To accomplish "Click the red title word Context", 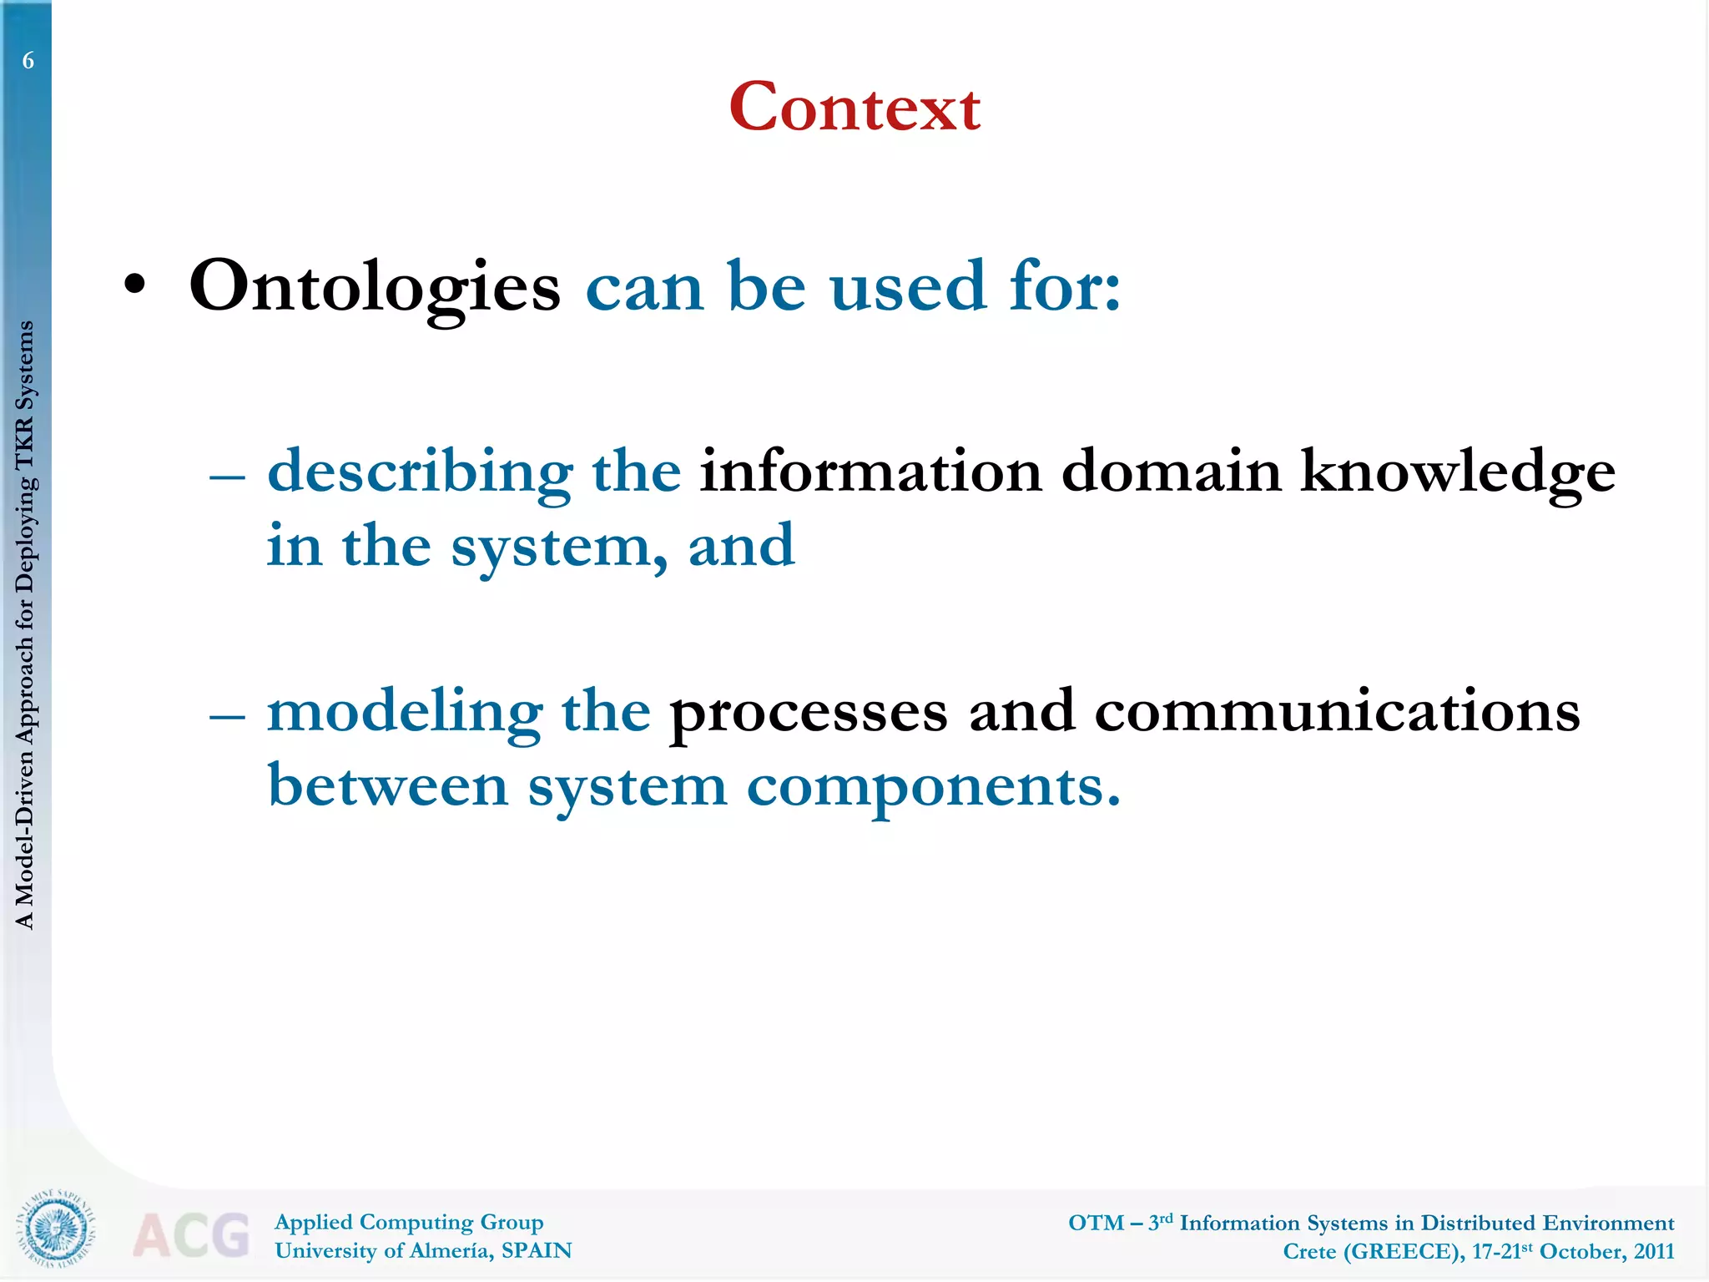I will (x=854, y=109).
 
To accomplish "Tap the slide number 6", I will (x=28, y=61).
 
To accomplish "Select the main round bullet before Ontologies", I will (x=134, y=286).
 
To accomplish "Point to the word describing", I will (x=420, y=472).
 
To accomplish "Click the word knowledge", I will (x=1457, y=472).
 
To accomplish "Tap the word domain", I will (x=1171, y=471).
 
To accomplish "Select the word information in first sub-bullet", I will (x=870, y=471).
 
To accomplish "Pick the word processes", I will (x=809, y=714).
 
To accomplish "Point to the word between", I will (x=388, y=786).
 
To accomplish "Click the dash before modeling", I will (x=227, y=717).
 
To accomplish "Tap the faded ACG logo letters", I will (x=191, y=1235).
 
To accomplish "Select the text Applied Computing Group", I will (x=409, y=1223).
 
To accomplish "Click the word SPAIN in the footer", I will (x=536, y=1251).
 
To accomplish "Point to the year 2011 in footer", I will (x=1653, y=1252).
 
